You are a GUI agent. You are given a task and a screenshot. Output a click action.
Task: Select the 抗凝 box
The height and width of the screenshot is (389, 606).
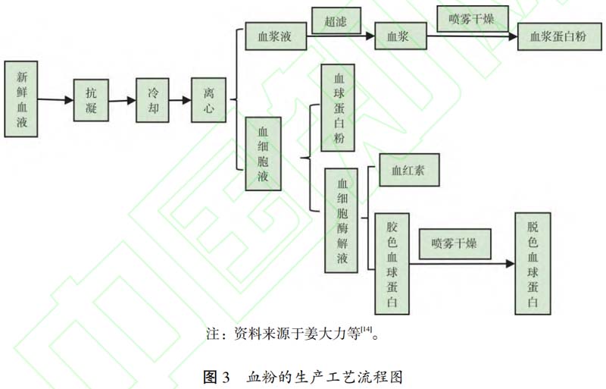(x=91, y=99)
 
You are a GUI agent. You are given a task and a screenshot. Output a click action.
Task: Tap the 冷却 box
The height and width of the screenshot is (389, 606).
(x=152, y=99)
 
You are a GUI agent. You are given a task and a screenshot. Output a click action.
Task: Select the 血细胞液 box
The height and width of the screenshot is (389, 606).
(x=263, y=153)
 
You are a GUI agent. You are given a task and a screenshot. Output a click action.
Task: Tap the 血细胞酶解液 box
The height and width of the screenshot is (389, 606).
(x=342, y=221)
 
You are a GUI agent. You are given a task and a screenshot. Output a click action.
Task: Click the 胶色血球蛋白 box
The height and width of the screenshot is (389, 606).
(x=392, y=262)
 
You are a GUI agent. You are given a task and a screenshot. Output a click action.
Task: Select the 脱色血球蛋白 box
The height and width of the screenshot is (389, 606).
(x=533, y=262)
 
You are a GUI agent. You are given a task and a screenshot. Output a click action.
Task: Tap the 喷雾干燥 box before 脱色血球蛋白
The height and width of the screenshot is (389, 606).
(x=454, y=243)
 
